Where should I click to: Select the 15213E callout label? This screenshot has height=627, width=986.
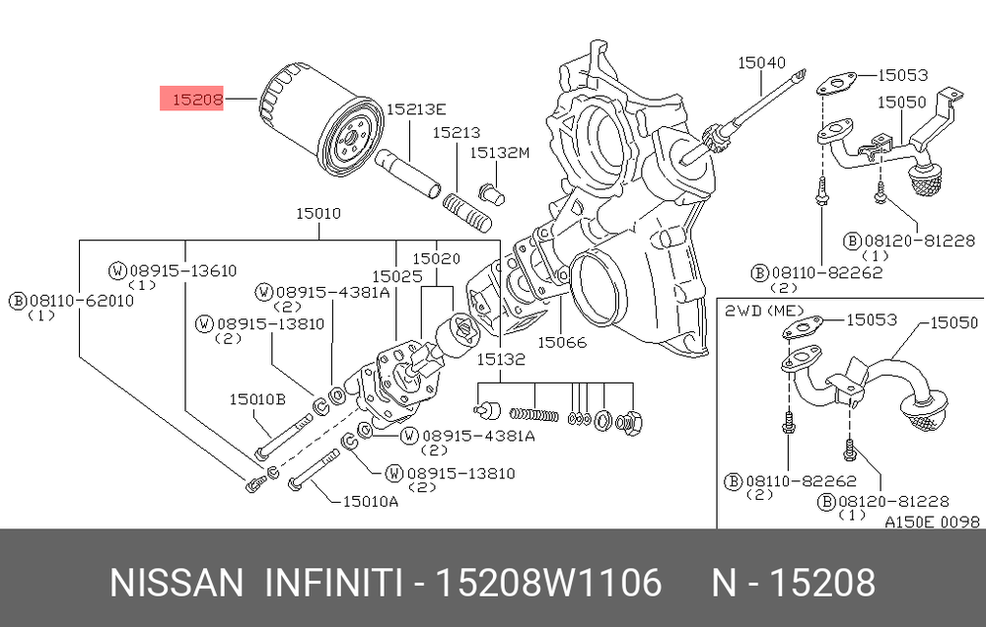coord(416,109)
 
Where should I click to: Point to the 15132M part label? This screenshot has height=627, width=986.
coord(500,152)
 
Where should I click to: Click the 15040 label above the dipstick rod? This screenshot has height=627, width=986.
coord(761,62)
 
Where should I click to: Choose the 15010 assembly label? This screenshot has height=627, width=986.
coord(318,214)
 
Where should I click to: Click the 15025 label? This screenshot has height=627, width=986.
coord(396,276)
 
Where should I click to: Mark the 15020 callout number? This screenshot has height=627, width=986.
coord(437,258)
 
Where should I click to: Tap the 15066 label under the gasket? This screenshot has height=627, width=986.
coord(562,342)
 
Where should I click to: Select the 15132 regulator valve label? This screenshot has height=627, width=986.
coord(501,359)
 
